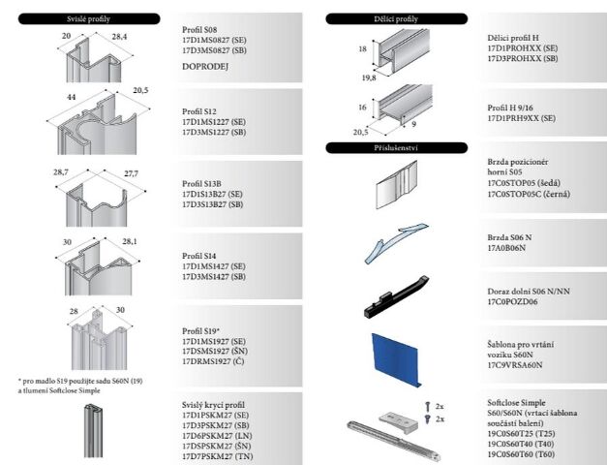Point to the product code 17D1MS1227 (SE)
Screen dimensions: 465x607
(214, 121)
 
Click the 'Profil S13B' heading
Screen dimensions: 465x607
(201, 183)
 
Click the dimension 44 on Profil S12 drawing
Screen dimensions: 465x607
(72, 98)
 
